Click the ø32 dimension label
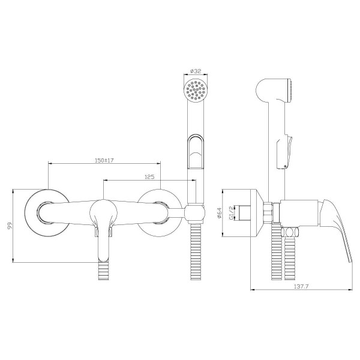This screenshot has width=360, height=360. [x=196, y=71]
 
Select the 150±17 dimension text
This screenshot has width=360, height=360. [x=104, y=160]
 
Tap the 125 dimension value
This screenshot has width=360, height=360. [x=149, y=177]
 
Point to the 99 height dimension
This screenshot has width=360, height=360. [x=10, y=226]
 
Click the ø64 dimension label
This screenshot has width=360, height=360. [x=219, y=213]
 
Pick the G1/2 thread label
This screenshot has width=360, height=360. [x=231, y=212]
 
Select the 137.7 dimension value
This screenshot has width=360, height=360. [x=301, y=286]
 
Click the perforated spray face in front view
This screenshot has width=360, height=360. [x=196, y=89]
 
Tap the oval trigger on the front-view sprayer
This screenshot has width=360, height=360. [x=196, y=152]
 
